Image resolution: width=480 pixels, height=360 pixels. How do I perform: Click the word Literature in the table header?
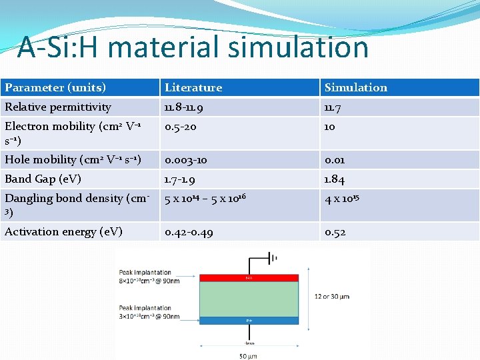[193, 87]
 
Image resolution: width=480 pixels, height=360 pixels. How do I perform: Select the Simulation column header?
[355, 87]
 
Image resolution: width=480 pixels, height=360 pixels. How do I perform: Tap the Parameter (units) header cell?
[55, 87]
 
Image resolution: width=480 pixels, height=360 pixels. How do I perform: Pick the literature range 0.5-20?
[181, 126]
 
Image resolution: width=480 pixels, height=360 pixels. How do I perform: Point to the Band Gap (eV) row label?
[43, 179]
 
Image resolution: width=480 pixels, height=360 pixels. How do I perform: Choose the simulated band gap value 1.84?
[335, 179]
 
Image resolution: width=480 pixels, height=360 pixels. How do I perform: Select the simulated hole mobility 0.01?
[335, 159]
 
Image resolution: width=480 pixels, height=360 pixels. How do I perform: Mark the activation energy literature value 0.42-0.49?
[189, 231]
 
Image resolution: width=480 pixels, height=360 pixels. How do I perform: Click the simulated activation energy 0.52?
[335, 231]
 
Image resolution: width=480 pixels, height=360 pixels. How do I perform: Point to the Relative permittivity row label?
[58, 107]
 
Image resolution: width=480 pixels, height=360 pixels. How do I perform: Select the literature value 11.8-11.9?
[185, 107]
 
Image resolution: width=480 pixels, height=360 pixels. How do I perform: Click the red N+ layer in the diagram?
[248, 277]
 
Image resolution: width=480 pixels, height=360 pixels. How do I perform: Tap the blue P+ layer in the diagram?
[248, 320]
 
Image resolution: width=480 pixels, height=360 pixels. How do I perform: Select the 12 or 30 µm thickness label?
[331, 296]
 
